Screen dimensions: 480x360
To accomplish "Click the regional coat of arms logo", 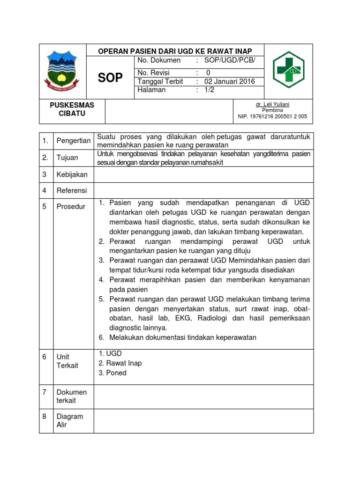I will tap(63, 71).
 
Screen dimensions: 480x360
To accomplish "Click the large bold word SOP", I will tap(110, 78).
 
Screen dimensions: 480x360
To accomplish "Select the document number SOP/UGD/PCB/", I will tap(230, 60).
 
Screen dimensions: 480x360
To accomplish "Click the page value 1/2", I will tap(209, 90).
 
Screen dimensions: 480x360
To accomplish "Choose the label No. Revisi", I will tap(154, 73).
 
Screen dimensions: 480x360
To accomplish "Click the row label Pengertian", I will tap(74, 141).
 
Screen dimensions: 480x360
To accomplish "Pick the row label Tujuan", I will tap(67, 158).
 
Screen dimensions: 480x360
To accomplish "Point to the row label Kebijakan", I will tap(72, 174).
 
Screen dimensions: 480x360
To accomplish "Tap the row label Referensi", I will tap(72, 191).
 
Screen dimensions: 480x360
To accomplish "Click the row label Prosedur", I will tap(71, 206).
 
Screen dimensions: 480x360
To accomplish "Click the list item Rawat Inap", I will tap(124, 363).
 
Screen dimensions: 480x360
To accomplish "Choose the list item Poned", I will tap(116, 373).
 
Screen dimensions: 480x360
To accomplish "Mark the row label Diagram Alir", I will tap(70, 420).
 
